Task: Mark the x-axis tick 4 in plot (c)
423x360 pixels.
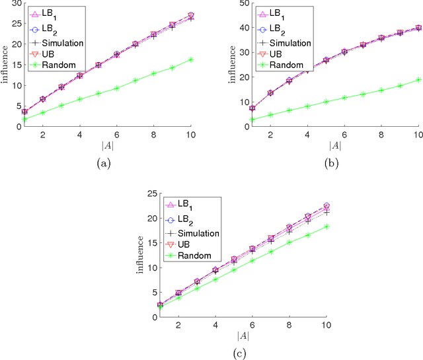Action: (x=215, y=324)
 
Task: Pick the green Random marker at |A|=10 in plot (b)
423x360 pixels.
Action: (x=418, y=79)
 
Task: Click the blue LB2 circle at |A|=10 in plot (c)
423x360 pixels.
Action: (x=326, y=206)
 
